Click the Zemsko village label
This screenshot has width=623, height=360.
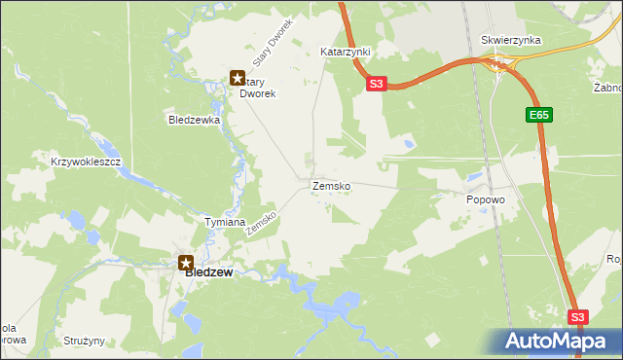[x=331, y=185]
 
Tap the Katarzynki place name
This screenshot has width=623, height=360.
[x=346, y=50]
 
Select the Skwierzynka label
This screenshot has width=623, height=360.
[x=511, y=41]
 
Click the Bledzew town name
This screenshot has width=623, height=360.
[x=209, y=273]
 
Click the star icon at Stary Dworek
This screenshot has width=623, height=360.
[x=237, y=77]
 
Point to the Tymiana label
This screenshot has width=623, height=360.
[x=224, y=222]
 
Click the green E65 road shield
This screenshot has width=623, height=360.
[x=540, y=115]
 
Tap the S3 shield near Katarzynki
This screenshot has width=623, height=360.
[x=378, y=85]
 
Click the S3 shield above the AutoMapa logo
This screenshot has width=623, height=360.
[x=578, y=317]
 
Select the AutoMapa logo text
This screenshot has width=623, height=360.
[x=557, y=342]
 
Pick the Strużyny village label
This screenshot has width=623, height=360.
[x=83, y=342]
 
